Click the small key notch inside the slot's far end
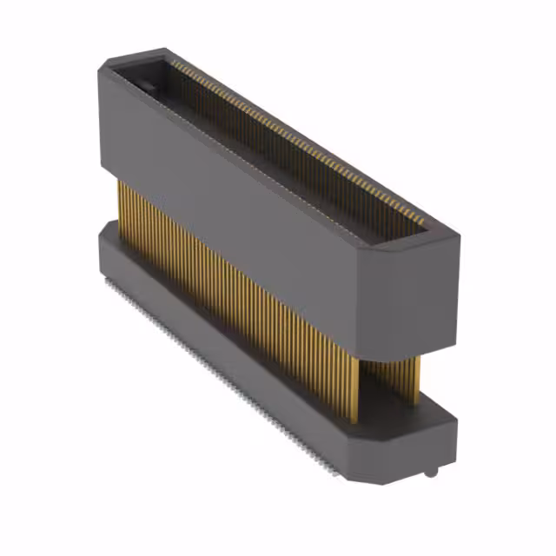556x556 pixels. [x=147, y=87]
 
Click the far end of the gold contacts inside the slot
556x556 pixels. [x=174, y=65]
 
